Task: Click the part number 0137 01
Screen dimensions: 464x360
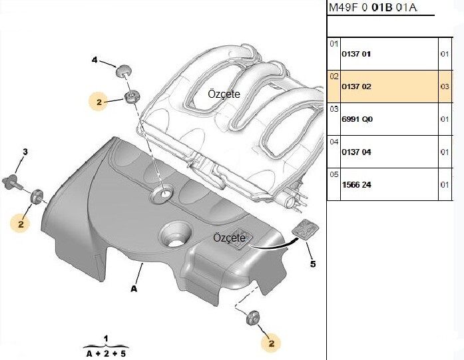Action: point(356,54)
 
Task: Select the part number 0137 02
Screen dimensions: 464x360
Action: point(356,87)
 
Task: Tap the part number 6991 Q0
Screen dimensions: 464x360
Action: point(357,120)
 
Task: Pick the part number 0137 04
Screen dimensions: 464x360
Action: point(356,152)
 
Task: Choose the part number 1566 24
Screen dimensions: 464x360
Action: point(356,185)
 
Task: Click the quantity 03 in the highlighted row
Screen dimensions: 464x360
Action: point(445,87)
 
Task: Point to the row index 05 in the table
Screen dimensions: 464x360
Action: point(334,174)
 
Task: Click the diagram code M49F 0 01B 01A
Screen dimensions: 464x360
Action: point(373,7)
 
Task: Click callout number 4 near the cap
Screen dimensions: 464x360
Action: point(95,60)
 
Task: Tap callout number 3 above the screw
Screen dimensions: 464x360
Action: point(25,152)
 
